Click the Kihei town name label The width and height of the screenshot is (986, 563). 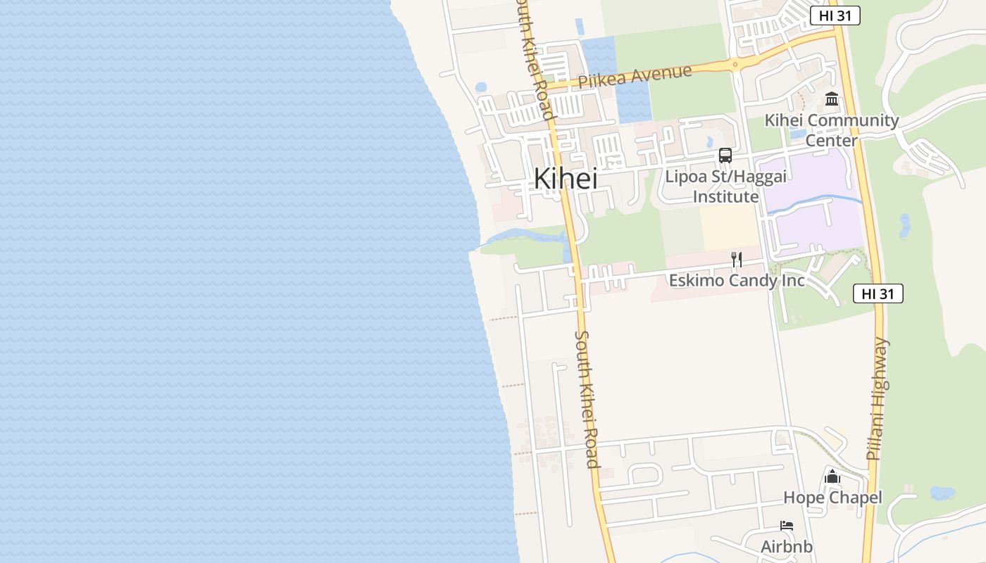[x=566, y=179]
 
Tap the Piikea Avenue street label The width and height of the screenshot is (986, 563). [x=635, y=76]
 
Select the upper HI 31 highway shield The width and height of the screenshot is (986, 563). [x=835, y=15]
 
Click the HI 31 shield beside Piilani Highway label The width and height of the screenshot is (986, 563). [x=878, y=293]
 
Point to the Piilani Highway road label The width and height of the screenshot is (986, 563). [x=879, y=399]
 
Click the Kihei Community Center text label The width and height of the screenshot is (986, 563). [x=831, y=130]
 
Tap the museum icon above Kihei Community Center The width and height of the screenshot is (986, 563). [x=832, y=99]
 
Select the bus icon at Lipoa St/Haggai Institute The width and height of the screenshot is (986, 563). [x=725, y=156]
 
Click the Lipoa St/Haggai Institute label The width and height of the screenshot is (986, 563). [x=725, y=186]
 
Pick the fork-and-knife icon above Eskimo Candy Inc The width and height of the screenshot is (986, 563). [x=736, y=260]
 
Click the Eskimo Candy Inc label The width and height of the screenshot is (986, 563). [x=736, y=280]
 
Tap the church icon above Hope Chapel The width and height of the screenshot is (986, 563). [x=832, y=477]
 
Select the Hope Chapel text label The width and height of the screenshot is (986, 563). [x=832, y=498]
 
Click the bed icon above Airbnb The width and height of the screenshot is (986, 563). [x=787, y=526]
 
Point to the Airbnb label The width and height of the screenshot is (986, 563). [x=787, y=546]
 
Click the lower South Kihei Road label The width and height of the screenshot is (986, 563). [x=587, y=398]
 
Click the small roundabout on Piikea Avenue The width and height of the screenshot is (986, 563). [x=735, y=65]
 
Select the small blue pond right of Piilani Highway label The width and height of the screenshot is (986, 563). [x=942, y=493]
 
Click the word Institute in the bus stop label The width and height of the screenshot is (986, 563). [x=725, y=196]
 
